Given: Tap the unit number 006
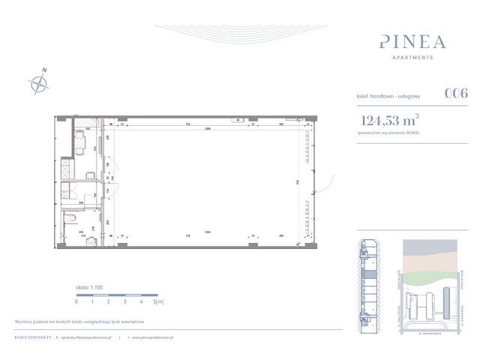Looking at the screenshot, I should pos(456,94).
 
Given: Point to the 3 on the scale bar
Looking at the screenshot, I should pos(125,301).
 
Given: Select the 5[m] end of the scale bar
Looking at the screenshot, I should pos(158,301).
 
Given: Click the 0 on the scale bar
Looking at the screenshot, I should pos(76,301).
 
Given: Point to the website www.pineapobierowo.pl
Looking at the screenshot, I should pos(153,338).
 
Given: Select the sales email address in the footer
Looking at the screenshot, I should pos(86,338).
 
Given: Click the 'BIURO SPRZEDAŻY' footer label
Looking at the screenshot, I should pos(34,338).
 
